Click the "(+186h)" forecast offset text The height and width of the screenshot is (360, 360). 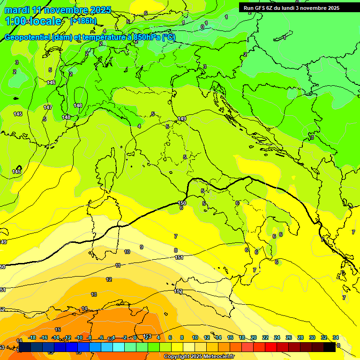(x=83, y=21)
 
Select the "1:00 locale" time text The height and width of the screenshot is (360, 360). (x=33, y=21)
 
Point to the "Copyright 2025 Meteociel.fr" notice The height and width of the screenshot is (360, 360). (x=199, y=356)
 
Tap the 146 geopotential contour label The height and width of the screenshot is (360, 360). (x=51, y=82)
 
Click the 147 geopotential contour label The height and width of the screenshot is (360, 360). (x=48, y=107)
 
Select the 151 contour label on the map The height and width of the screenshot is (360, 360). (x=179, y=257)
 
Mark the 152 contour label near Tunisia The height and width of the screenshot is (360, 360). (x=179, y=291)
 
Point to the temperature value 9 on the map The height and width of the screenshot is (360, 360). (x=142, y=247)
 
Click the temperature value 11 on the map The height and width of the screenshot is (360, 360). (x=118, y=265)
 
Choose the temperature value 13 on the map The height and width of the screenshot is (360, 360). (x=94, y=294)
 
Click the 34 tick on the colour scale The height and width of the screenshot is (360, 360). (x=335, y=337)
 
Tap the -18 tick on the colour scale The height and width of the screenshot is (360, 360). (x=32, y=337)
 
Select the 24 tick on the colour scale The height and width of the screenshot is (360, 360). (x=277, y=337)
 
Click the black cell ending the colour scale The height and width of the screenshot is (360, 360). (x=330, y=347)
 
